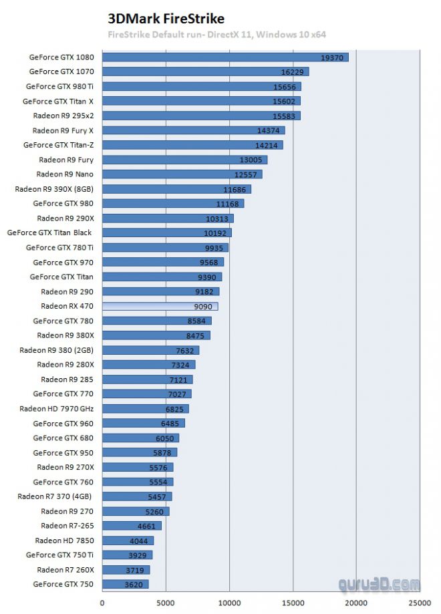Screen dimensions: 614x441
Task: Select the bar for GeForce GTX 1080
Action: (x=225, y=57)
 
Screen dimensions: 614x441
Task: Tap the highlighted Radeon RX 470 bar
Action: (x=160, y=306)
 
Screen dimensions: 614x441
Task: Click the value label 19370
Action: (x=331, y=57)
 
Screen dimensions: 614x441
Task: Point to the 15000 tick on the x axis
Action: (x=293, y=603)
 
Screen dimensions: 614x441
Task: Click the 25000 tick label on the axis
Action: (x=420, y=603)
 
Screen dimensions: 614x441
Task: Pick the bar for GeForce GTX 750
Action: (x=125, y=585)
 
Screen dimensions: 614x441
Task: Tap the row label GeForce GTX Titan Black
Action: (x=49, y=233)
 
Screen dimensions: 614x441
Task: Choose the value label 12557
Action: (x=245, y=174)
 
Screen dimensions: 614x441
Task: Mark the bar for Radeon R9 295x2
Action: (x=201, y=116)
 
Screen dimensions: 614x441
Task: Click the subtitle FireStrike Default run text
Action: (x=216, y=34)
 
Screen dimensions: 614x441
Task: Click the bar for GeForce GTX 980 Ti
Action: (x=201, y=86)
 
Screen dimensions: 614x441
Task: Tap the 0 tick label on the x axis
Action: (x=102, y=603)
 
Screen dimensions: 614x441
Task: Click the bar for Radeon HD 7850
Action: (x=128, y=541)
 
